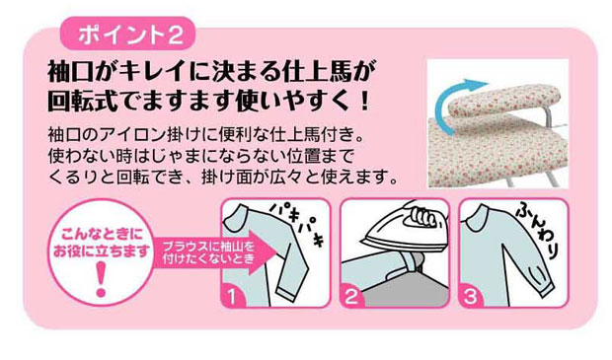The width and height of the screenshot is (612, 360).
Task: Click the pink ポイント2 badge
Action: (x=127, y=34)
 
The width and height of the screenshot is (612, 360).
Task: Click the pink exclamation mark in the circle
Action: (x=101, y=279)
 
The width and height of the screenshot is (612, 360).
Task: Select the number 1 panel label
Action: (x=232, y=297)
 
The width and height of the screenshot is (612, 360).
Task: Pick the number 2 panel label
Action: (x=351, y=297)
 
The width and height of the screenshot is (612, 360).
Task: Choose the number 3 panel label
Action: (x=470, y=297)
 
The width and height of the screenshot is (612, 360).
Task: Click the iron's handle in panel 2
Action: (x=423, y=216)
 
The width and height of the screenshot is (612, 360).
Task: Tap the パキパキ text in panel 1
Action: (x=298, y=224)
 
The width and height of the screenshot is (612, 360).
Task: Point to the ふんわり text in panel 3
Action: (x=541, y=230)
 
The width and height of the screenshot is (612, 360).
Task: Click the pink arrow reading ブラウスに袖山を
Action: (x=211, y=252)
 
